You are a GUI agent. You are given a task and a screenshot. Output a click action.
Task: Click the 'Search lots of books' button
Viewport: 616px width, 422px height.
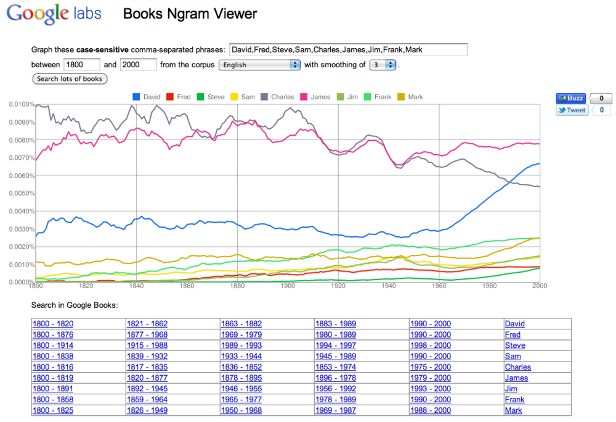coord(70,79)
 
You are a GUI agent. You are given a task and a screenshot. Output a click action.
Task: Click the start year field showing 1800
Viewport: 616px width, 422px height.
coord(81,65)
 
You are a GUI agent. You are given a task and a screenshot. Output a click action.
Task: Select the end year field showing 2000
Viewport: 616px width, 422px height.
coord(138,65)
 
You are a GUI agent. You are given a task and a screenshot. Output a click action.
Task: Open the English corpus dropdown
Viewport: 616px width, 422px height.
coord(259,65)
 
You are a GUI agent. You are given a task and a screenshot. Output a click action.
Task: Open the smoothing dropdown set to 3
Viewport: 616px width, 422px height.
coord(382,65)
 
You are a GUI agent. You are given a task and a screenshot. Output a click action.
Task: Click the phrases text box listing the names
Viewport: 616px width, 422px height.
coord(347,49)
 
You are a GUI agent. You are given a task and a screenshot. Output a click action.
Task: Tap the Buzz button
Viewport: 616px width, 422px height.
coord(570,98)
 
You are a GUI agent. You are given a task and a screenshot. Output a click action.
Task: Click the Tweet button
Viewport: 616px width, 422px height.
coord(572,110)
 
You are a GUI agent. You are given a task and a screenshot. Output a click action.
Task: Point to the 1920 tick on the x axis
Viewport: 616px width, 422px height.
coord(338,286)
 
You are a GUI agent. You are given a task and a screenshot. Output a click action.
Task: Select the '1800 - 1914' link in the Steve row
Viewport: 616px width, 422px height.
coord(52,345)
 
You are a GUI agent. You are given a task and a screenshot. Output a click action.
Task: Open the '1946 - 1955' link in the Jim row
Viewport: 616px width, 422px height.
coord(241,389)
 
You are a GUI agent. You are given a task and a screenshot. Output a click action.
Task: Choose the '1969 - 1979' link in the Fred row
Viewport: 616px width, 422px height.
coord(241,334)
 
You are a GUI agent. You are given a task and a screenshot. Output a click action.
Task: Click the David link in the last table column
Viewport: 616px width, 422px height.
coord(514,324)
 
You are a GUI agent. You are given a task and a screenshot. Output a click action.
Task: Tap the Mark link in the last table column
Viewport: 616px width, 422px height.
coord(513,410)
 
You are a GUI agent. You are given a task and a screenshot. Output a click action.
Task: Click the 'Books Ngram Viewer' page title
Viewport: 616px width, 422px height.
coord(190,14)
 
